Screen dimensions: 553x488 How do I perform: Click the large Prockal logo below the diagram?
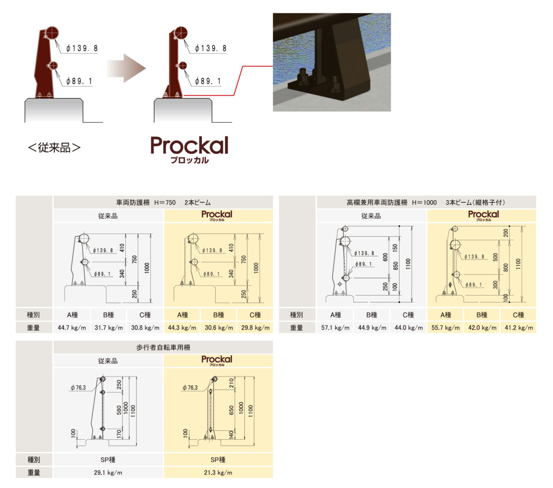tap(189, 150)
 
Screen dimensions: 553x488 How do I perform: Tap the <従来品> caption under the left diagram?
tap(54, 148)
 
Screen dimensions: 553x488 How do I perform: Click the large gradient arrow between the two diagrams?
tap(126, 68)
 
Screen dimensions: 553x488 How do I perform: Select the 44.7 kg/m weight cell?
tap(72, 328)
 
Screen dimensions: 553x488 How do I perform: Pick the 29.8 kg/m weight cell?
tap(255, 328)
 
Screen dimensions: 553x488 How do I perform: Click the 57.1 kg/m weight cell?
tap(335, 328)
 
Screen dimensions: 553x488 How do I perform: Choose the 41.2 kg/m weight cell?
tap(518, 328)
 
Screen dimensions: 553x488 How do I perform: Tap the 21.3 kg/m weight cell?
tap(218, 472)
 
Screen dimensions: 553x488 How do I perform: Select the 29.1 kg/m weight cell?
tap(108, 472)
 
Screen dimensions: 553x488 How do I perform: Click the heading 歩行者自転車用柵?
tap(163, 347)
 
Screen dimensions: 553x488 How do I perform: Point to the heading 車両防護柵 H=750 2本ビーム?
tap(163, 203)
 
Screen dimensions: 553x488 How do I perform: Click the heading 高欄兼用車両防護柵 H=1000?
tap(391, 203)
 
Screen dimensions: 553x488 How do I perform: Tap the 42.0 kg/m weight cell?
tap(482, 328)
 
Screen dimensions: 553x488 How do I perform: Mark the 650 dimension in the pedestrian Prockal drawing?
tap(231, 410)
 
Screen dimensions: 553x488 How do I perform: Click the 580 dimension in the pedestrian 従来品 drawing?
tap(119, 410)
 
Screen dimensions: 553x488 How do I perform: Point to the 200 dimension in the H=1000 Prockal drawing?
tap(506, 232)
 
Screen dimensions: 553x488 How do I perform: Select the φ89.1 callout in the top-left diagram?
tap(79, 81)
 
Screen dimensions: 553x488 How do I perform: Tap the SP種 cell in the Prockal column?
tap(218, 459)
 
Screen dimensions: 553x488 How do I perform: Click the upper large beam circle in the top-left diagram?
tap(52, 33)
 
